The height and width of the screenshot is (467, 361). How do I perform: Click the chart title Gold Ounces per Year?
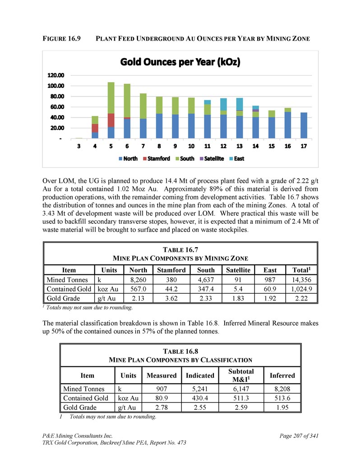(180, 62)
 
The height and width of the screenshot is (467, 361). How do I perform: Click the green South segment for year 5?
(111, 97)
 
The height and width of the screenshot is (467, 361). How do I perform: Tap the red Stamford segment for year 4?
(95, 128)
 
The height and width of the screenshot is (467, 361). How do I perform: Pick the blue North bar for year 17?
(304, 125)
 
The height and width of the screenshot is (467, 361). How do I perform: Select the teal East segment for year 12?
(223, 104)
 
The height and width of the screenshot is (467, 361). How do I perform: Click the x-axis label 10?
(191, 146)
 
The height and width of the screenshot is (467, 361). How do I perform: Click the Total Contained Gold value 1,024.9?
(301, 289)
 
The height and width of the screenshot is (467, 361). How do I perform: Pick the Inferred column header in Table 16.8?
(282, 375)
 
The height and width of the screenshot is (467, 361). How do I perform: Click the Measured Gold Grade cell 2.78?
(162, 407)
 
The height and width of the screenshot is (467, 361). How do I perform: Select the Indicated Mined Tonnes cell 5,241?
(200, 388)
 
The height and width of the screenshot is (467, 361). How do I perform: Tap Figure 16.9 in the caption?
(62, 39)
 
